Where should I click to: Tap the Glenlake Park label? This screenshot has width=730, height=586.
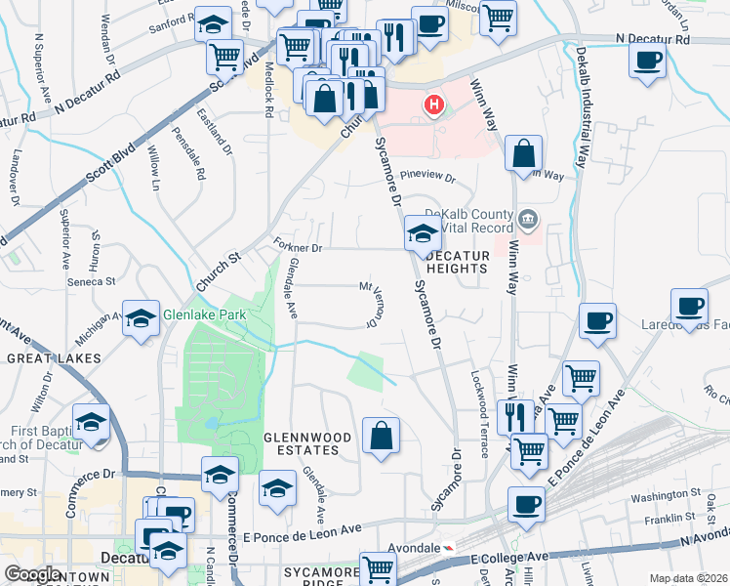coord(204,314)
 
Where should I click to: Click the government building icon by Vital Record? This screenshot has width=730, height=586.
coord(529,217)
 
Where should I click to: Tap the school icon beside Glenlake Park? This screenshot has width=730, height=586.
coord(142,317)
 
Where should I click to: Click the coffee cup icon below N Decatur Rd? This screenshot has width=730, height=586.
coord(647,62)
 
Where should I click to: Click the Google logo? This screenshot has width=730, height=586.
coord(32,574)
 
